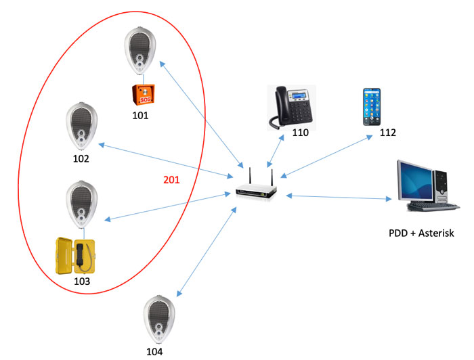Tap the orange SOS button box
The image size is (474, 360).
tap(141, 95)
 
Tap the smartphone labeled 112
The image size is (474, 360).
tap(370, 106)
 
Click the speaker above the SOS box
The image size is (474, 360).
tap(140, 53)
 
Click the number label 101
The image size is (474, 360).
tap(141, 115)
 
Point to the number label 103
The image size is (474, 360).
tap(81, 280)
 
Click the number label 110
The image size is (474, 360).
tap(300, 133)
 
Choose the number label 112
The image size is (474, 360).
tap(387, 133)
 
